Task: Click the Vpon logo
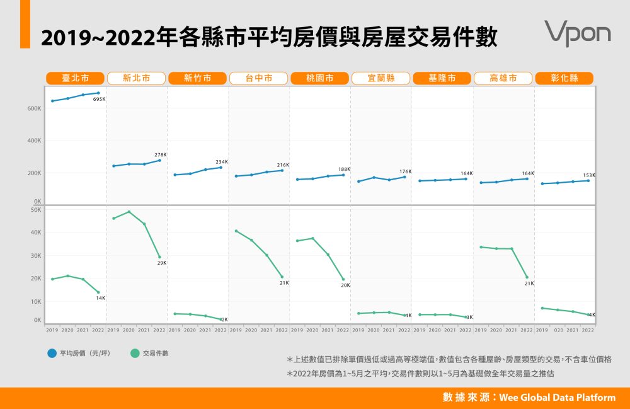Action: tap(577, 33)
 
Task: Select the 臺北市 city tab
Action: tap(75, 78)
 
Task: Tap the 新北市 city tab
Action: tap(136, 78)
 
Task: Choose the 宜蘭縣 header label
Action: tap(381, 78)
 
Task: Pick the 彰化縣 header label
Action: tap(564, 78)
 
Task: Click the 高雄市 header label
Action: tap(503, 78)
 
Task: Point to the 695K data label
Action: tap(99, 100)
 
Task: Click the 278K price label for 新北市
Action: tap(161, 154)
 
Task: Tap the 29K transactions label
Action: tap(162, 263)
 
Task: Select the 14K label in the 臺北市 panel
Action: tap(101, 298)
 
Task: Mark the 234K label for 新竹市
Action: tap(222, 162)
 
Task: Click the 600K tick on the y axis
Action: tap(34, 108)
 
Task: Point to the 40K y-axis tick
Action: tap(37, 233)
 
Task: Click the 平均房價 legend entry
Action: tap(79, 354)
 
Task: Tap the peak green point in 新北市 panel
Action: tap(129, 212)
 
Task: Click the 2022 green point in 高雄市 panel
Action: tap(527, 277)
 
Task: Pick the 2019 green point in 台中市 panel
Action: tap(236, 231)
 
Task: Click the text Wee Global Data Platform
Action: tap(558, 398)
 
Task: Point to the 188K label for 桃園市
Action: tap(344, 170)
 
